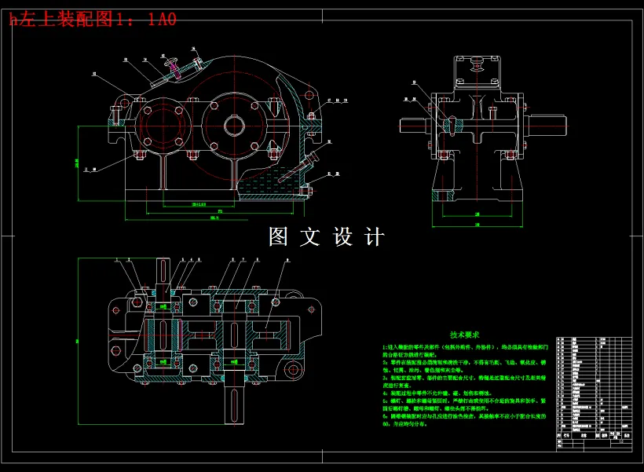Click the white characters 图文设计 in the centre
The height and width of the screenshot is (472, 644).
(x=327, y=237)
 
